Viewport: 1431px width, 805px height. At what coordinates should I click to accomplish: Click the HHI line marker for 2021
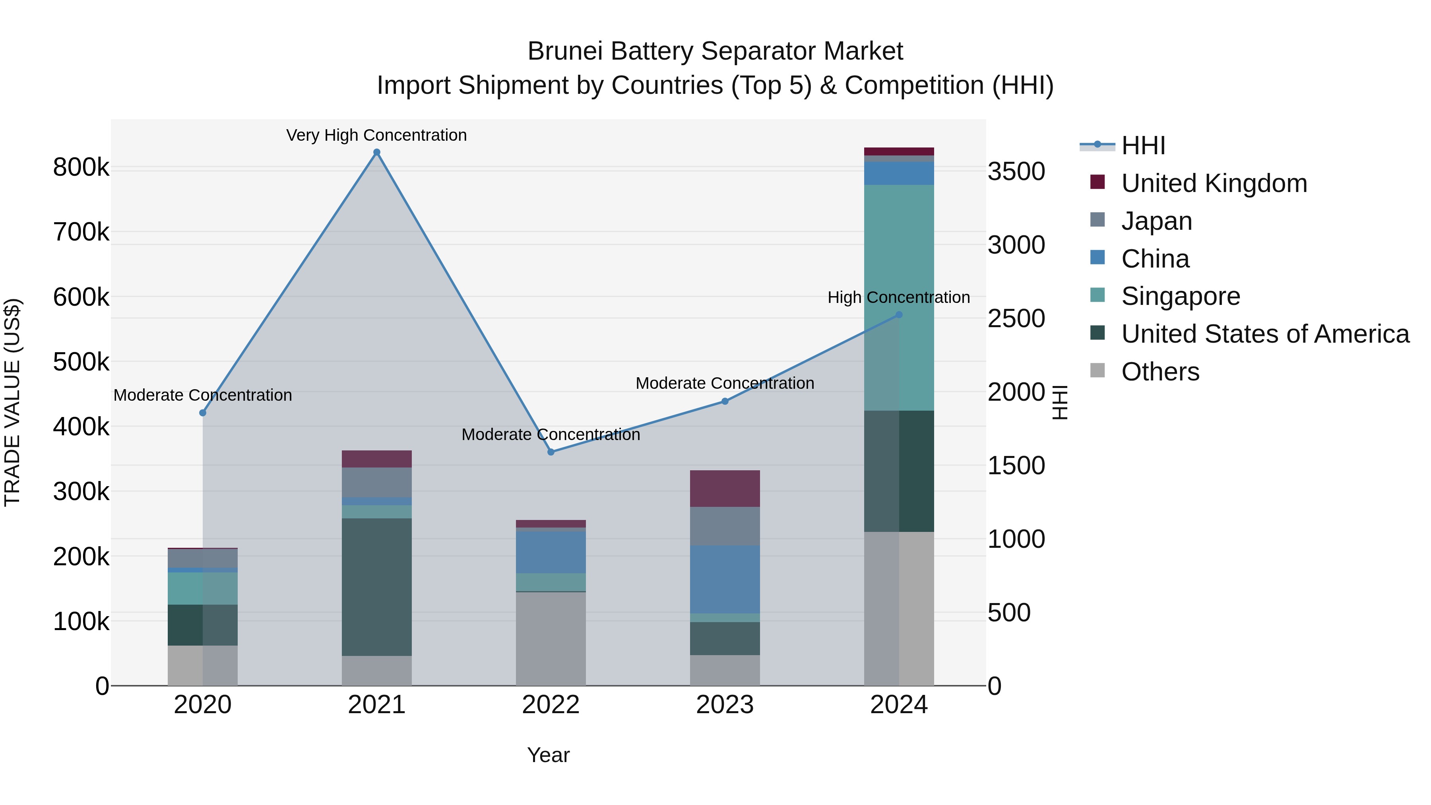(x=377, y=152)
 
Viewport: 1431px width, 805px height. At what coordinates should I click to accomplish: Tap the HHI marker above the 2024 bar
(x=899, y=315)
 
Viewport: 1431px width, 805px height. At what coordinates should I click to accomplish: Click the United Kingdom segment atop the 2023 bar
(x=725, y=488)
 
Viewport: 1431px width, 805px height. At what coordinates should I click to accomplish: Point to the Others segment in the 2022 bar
(x=551, y=639)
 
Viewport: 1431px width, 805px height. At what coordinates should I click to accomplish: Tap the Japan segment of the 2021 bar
(x=377, y=482)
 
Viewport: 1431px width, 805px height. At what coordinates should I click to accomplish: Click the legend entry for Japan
(x=1157, y=221)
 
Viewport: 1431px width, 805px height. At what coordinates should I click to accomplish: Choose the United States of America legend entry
(x=1265, y=334)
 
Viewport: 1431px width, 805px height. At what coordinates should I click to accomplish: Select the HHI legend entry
(x=1143, y=145)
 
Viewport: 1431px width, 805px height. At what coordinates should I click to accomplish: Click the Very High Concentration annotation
(x=377, y=135)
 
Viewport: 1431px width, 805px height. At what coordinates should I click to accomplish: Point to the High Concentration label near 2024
(x=898, y=297)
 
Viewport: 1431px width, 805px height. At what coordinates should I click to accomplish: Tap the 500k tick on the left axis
(x=81, y=362)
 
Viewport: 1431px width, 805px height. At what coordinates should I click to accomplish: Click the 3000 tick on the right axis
(x=1016, y=245)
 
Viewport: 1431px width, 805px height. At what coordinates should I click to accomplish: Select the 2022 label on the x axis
(x=551, y=705)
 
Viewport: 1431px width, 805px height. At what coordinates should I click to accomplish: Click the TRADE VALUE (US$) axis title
(x=12, y=402)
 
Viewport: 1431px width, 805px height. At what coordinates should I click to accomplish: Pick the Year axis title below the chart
(x=548, y=755)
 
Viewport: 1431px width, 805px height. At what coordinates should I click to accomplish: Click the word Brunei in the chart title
(x=564, y=51)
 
